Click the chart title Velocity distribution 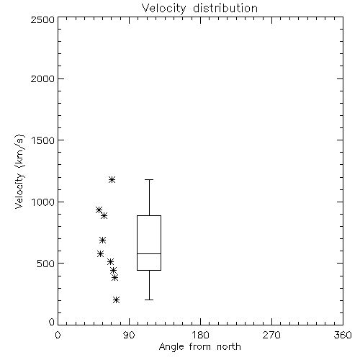pyautogui.click(x=199, y=8)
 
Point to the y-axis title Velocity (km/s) pyautogui.click(x=19, y=171)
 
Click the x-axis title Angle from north pyautogui.click(x=199, y=346)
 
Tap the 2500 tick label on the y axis pyautogui.click(x=42, y=19)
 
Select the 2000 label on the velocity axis pyautogui.click(x=42, y=78)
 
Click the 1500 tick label pyautogui.click(x=43, y=140)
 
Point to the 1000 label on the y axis pyautogui.click(x=43, y=202)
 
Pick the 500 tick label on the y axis pyautogui.click(x=46, y=264)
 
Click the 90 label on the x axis pyautogui.click(x=129, y=335)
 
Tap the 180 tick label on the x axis pyautogui.click(x=200, y=335)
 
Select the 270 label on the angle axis pyautogui.click(x=271, y=335)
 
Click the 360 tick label pyautogui.click(x=343, y=335)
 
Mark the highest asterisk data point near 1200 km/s pyautogui.click(x=112, y=179)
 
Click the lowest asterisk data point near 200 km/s pyautogui.click(x=116, y=300)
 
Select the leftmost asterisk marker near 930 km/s pyautogui.click(x=99, y=210)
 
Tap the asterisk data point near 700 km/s pyautogui.click(x=102, y=240)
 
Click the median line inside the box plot pyautogui.click(x=149, y=253)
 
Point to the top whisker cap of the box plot pyautogui.click(x=149, y=179)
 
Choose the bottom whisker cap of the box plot pyautogui.click(x=149, y=300)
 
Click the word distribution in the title pyautogui.click(x=225, y=8)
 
